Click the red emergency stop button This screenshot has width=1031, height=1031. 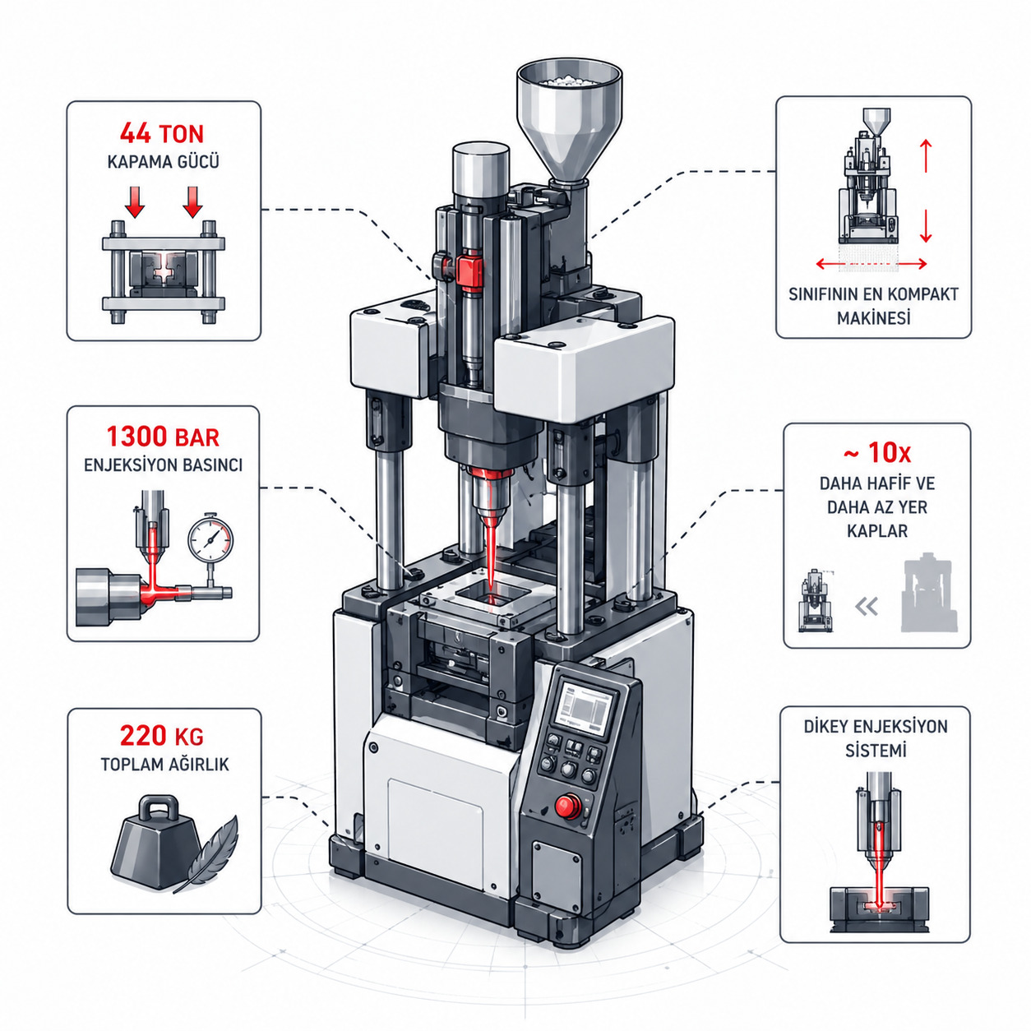(x=566, y=806)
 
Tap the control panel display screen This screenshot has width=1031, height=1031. (x=585, y=705)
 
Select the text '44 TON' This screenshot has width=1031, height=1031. (x=162, y=133)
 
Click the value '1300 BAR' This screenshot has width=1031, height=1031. (x=163, y=437)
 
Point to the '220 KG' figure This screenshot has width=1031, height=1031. (x=162, y=736)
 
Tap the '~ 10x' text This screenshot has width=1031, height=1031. (x=877, y=453)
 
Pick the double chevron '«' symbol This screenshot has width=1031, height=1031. (x=867, y=607)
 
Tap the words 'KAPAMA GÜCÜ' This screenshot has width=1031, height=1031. (x=163, y=162)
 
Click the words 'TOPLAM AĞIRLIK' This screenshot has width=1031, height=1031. (x=164, y=764)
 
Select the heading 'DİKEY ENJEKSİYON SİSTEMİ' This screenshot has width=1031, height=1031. (x=876, y=738)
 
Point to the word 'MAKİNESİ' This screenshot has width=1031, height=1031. (x=874, y=318)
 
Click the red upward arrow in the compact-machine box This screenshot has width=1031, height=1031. (x=926, y=155)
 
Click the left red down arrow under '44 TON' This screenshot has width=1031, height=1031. (x=135, y=201)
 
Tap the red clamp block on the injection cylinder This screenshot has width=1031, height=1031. (x=469, y=270)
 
